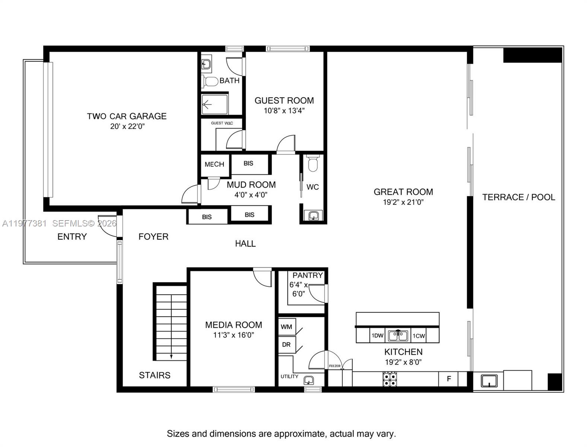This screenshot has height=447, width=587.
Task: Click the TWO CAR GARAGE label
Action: tap(127, 116)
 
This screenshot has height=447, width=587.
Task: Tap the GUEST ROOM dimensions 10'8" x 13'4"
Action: tap(284, 111)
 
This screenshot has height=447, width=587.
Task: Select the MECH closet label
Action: tap(214, 164)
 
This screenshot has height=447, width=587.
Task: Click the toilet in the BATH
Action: tap(210, 81)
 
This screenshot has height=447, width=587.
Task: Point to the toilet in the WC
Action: tap(313, 164)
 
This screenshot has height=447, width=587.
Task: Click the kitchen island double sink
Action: tap(398, 336)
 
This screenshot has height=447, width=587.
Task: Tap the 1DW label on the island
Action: tap(377, 336)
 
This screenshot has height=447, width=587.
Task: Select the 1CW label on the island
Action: tap(419, 336)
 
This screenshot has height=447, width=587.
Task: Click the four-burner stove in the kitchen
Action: tap(390, 379)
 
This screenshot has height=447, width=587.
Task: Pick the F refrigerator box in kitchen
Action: tap(449, 379)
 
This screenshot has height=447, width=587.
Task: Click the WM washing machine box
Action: tap(286, 327)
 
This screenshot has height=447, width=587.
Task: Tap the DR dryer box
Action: tap(286, 345)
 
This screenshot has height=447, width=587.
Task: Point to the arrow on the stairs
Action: tap(171, 356)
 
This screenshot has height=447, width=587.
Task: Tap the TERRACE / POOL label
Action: tap(518, 197)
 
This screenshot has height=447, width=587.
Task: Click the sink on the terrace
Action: tap(489, 381)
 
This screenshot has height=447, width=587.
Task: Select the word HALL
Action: tap(245, 244)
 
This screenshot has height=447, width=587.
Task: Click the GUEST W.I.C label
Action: tap(222, 123)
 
